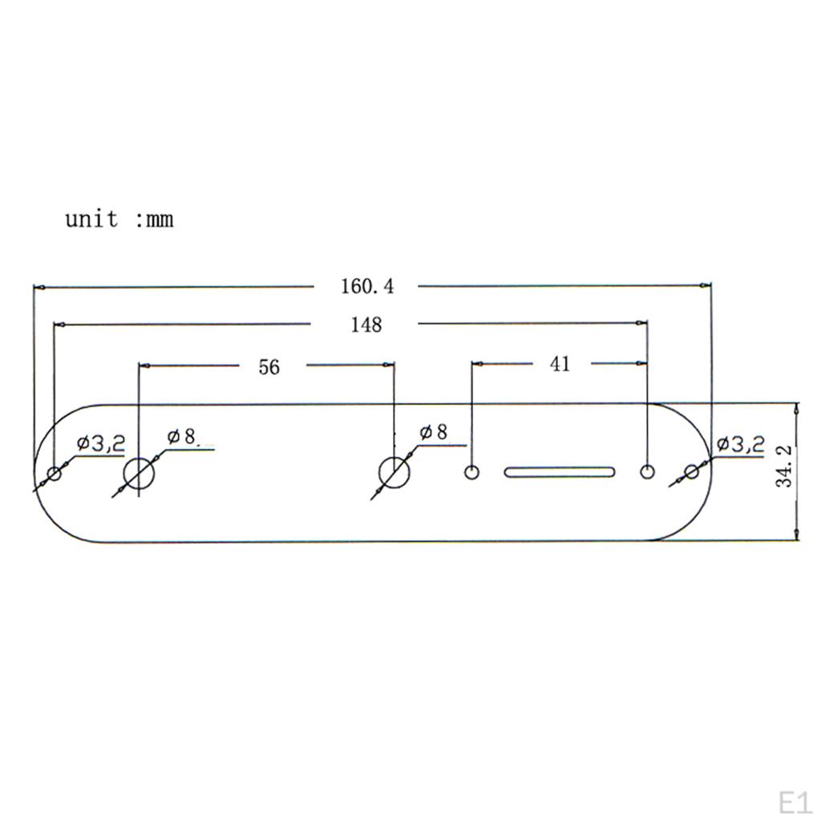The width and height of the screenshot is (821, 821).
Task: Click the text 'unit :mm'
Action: click(x=119, y=218)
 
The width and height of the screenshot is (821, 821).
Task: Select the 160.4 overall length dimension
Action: click(x=368, y=286)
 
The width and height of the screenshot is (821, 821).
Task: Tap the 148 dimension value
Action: click(x=366, y=325)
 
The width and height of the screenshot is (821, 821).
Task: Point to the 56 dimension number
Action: click(x=269, y=367)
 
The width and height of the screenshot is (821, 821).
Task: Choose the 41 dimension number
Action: click(x=560, y=364)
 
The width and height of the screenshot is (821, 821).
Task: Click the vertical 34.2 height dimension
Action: click(x=785, y=467)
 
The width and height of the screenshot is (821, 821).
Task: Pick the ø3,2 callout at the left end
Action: click(x=101, y=443)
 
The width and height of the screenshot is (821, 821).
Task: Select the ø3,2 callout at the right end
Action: click(x=740, y=443)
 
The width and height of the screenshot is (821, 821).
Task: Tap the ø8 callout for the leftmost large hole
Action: click(x=182, y=437)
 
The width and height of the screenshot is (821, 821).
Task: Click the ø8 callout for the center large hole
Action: click(x=433, y=433)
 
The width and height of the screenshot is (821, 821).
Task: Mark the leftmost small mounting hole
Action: click(x=55, y=473)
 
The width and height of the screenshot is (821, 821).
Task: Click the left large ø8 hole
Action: click(x=139, y=475)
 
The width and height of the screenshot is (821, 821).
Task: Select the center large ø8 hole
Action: click(x=394, y=472)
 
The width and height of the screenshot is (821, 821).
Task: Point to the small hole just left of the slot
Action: click(x=472, y=471)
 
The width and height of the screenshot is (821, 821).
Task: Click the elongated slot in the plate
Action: click(x=560, y=471)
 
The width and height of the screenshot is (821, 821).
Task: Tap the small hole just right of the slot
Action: click(x=647, y=471)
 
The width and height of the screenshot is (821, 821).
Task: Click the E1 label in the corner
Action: click(x=794, y=803)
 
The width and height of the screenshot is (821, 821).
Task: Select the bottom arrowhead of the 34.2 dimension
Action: click(x=795, y=536)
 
